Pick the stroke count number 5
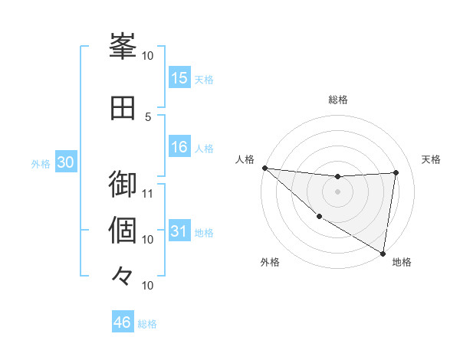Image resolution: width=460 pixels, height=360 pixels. click(x=148, y=116)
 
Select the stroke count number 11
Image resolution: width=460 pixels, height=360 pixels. click(x=148, y=193)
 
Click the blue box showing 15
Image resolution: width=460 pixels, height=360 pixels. click(x=179, y=77)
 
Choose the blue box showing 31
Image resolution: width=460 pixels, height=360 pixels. click(x=179, y=232)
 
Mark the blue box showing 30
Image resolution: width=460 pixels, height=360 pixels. click(x=66, y=162)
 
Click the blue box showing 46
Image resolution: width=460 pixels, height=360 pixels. click(x=123, y=322)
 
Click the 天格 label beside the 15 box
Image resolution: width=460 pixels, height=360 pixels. click(x=204, y=79)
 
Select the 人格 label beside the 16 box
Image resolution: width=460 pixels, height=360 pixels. click(x=204, y=148)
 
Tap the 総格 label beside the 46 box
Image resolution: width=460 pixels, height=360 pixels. click(x=147, y=324)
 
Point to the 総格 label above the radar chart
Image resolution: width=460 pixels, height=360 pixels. click(x=338, y=100)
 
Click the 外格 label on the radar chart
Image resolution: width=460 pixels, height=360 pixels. click(x=270, y=263)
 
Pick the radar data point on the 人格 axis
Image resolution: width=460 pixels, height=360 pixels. click(x=264, y=168)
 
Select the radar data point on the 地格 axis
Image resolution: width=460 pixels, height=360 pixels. click(x=383, y=253)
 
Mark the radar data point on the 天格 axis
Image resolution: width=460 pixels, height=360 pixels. click(x=396, y=172)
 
